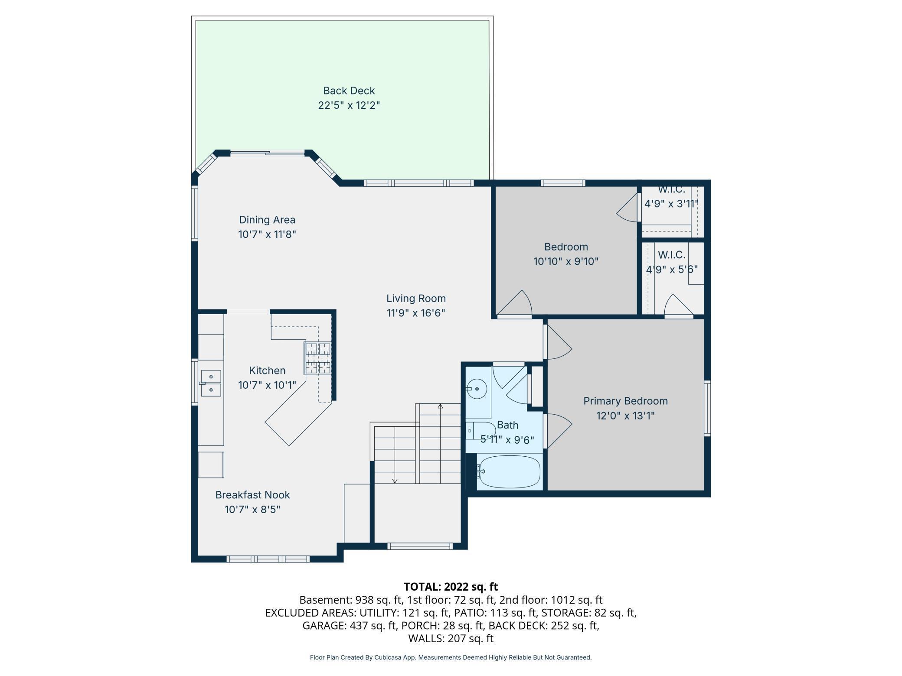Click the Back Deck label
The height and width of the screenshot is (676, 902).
349,91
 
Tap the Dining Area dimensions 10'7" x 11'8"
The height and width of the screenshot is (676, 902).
267,234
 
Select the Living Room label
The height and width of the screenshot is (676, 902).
416,299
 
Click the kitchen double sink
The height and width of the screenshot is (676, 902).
211,383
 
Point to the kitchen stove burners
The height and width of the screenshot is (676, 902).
318,358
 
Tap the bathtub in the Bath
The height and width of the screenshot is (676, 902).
509,472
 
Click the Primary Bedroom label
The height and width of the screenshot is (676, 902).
625,401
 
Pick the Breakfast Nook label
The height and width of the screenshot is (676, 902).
252,495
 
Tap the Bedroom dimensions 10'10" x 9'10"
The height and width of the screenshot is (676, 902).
566,261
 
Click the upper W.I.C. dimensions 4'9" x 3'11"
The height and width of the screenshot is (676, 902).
671,204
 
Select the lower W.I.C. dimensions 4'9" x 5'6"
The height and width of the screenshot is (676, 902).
672,270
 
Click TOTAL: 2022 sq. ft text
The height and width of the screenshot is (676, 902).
451,587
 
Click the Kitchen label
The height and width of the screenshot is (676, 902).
267,370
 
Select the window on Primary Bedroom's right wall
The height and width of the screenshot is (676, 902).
707,408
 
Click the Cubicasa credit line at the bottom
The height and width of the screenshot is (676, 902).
451,657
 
